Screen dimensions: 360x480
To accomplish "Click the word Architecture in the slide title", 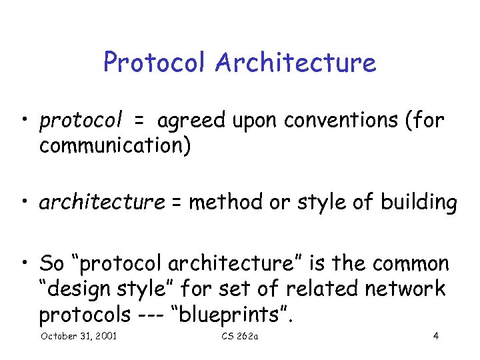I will [x=295, y=63].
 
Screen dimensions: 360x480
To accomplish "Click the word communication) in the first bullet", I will [x=115, y=146].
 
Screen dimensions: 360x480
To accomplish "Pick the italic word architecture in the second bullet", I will [x=102, y=202].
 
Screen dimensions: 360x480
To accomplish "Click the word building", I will [x=417, y=202].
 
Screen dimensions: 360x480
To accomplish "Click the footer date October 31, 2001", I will [x=79, y=336].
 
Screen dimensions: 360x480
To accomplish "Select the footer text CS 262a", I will [x=239, y=336].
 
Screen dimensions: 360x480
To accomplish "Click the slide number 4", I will [x=435, y=336].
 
